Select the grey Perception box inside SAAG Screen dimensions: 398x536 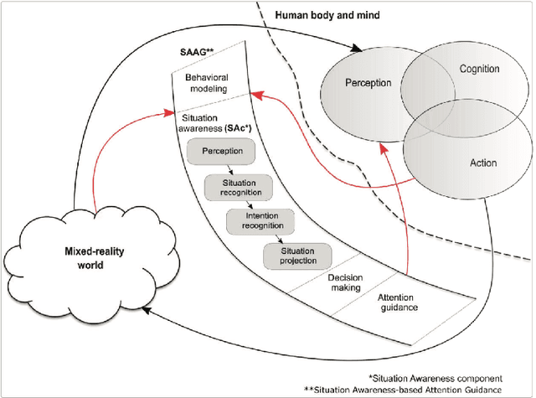pos(216,152)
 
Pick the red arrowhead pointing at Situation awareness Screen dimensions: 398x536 pos(171,110)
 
